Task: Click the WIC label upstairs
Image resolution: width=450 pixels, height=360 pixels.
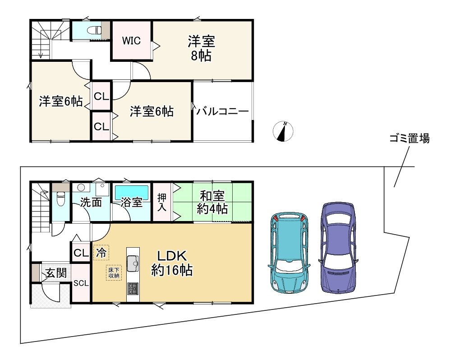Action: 132,41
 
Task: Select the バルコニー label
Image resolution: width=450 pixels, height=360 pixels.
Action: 223,111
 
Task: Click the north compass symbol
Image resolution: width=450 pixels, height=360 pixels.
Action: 284,131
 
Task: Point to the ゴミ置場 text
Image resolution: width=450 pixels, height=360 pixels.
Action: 409,138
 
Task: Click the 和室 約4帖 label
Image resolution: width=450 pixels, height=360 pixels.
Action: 213,203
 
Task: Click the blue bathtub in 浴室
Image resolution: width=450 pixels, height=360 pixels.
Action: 131,192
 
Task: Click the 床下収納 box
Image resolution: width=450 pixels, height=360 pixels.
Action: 114,273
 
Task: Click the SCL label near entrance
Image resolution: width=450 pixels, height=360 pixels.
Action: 82,283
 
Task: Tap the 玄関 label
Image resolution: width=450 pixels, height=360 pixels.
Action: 55,272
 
